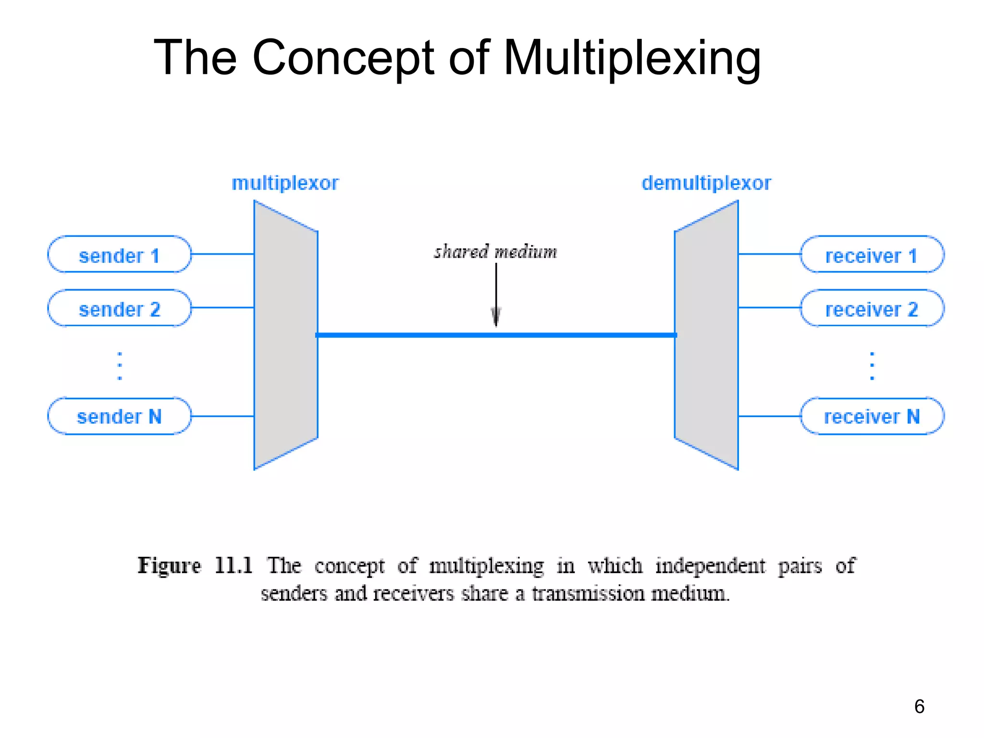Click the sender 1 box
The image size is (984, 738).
[x=119, y=255]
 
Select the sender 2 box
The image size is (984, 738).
[x=119, y=308]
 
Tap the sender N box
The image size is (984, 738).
[x=119, y=416]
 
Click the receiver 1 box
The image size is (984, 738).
[x=872, y=255]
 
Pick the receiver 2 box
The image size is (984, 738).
[x=872, y=308]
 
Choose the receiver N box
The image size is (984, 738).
[x=872, y=416]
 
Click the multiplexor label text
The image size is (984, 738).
[x=285, y=183]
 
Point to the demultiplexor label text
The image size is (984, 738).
[x=706, y=183]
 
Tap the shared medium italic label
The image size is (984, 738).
[x=495, y=252]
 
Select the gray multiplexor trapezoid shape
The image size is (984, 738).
[x=285, y=335]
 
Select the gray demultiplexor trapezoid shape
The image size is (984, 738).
[x=707, y=335]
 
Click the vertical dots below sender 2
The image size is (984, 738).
[x=120, y=366]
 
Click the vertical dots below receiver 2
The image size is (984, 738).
[x=872, y=366]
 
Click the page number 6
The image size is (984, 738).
[x=919, y=706]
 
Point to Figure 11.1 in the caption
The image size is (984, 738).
[x=195, y=566]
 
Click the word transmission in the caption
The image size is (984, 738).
[x=588, y=594]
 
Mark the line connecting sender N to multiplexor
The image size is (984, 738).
[x=222, y=416]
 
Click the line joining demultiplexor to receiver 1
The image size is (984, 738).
[x=769, y=254]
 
